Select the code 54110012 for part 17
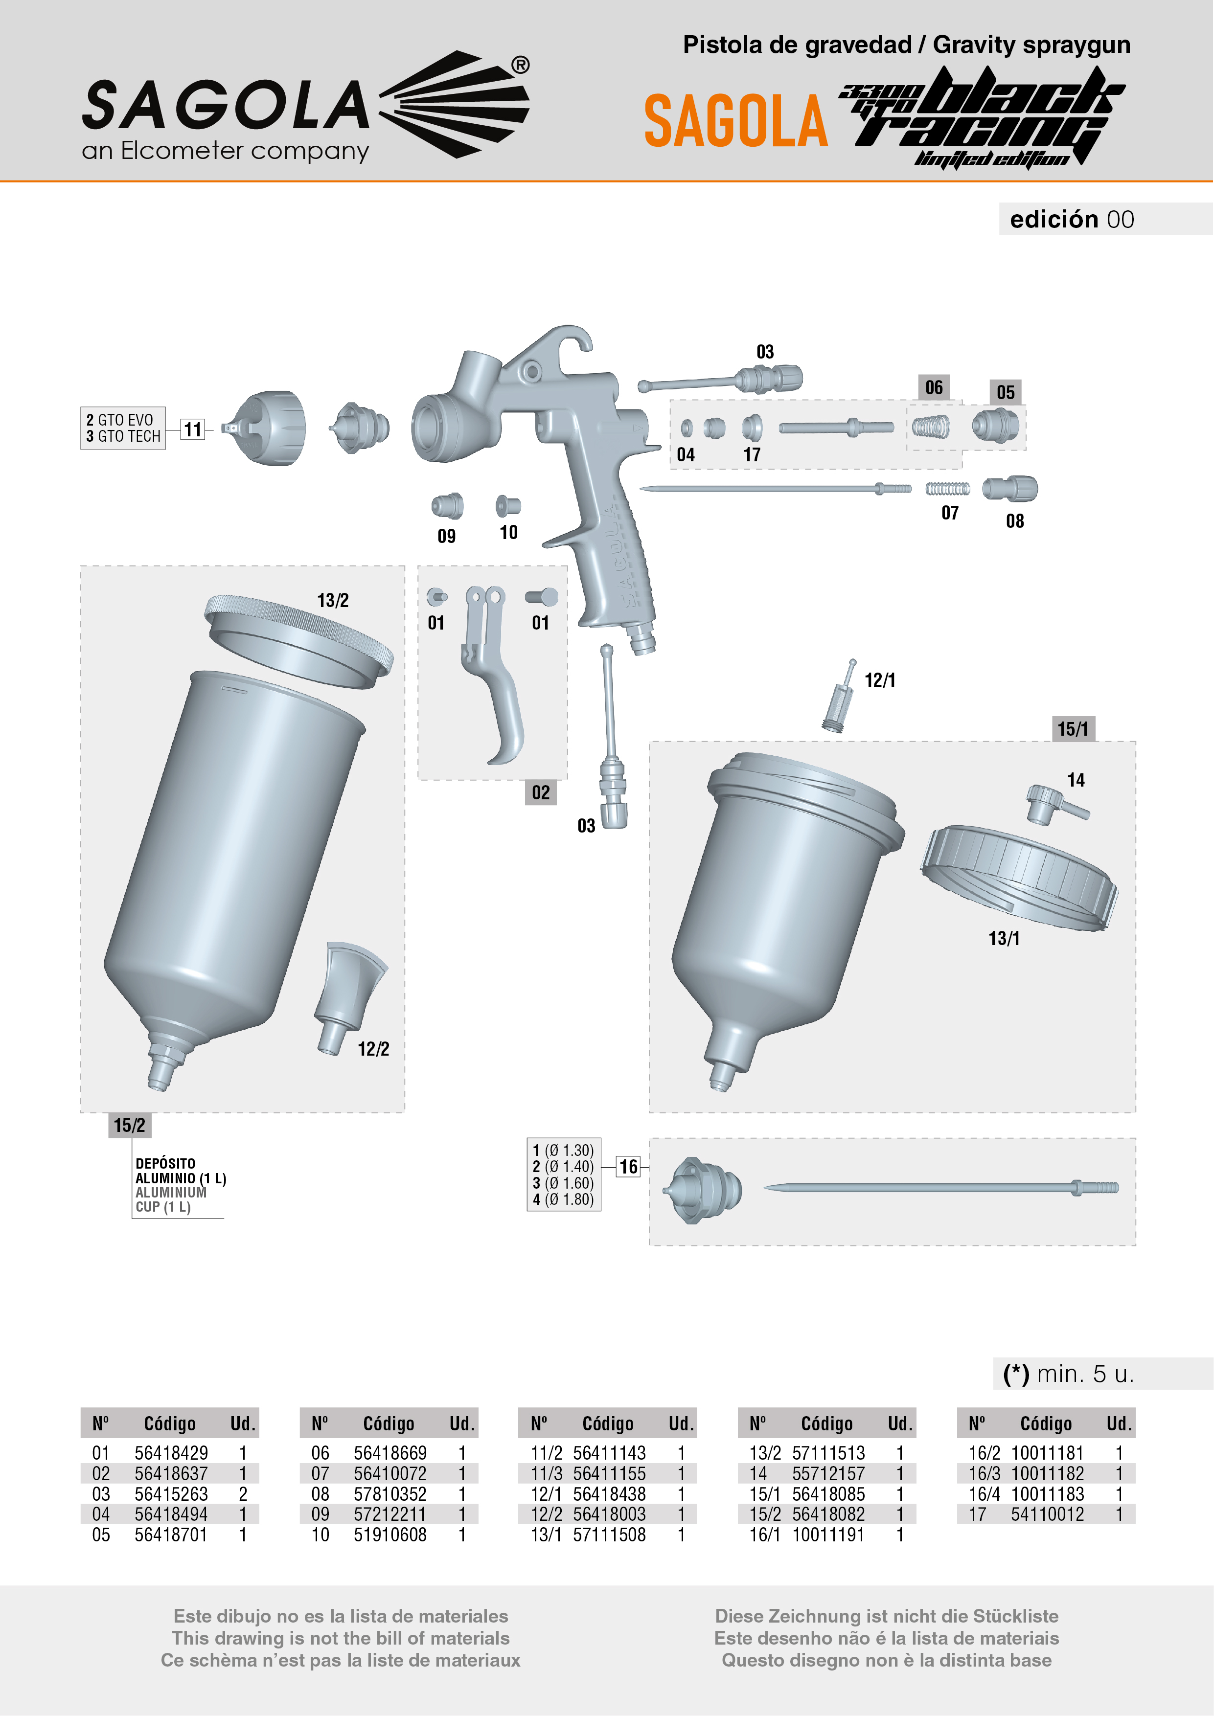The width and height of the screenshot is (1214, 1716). (1047, 1514)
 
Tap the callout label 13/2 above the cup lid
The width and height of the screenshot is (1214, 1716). (333, 600)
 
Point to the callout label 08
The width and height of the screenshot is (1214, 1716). (1014, 521)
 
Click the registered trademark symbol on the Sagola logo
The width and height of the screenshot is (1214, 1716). (521, 65)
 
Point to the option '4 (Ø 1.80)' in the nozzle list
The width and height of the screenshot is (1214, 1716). (564, 1199)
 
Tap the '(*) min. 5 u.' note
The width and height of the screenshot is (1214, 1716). (1069, 1374)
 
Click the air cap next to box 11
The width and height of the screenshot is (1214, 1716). (265, 428)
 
